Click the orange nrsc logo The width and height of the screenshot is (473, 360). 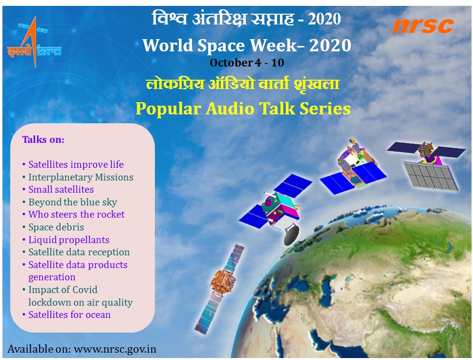coord(423,26)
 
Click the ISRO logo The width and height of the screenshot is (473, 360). coord(34,42)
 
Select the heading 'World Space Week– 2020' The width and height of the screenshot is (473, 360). coord(247,45)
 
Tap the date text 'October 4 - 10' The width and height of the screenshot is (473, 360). coord(247,63)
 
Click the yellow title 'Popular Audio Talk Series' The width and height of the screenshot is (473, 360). coord(243,109)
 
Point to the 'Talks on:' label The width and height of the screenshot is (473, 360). coord(43,139)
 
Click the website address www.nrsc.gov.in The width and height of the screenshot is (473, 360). coord(115,349)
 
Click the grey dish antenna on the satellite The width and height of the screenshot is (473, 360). coord(291,235)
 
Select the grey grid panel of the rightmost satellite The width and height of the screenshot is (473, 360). coord(431,176)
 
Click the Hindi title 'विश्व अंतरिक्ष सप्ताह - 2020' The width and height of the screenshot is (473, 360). coord(246,19)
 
